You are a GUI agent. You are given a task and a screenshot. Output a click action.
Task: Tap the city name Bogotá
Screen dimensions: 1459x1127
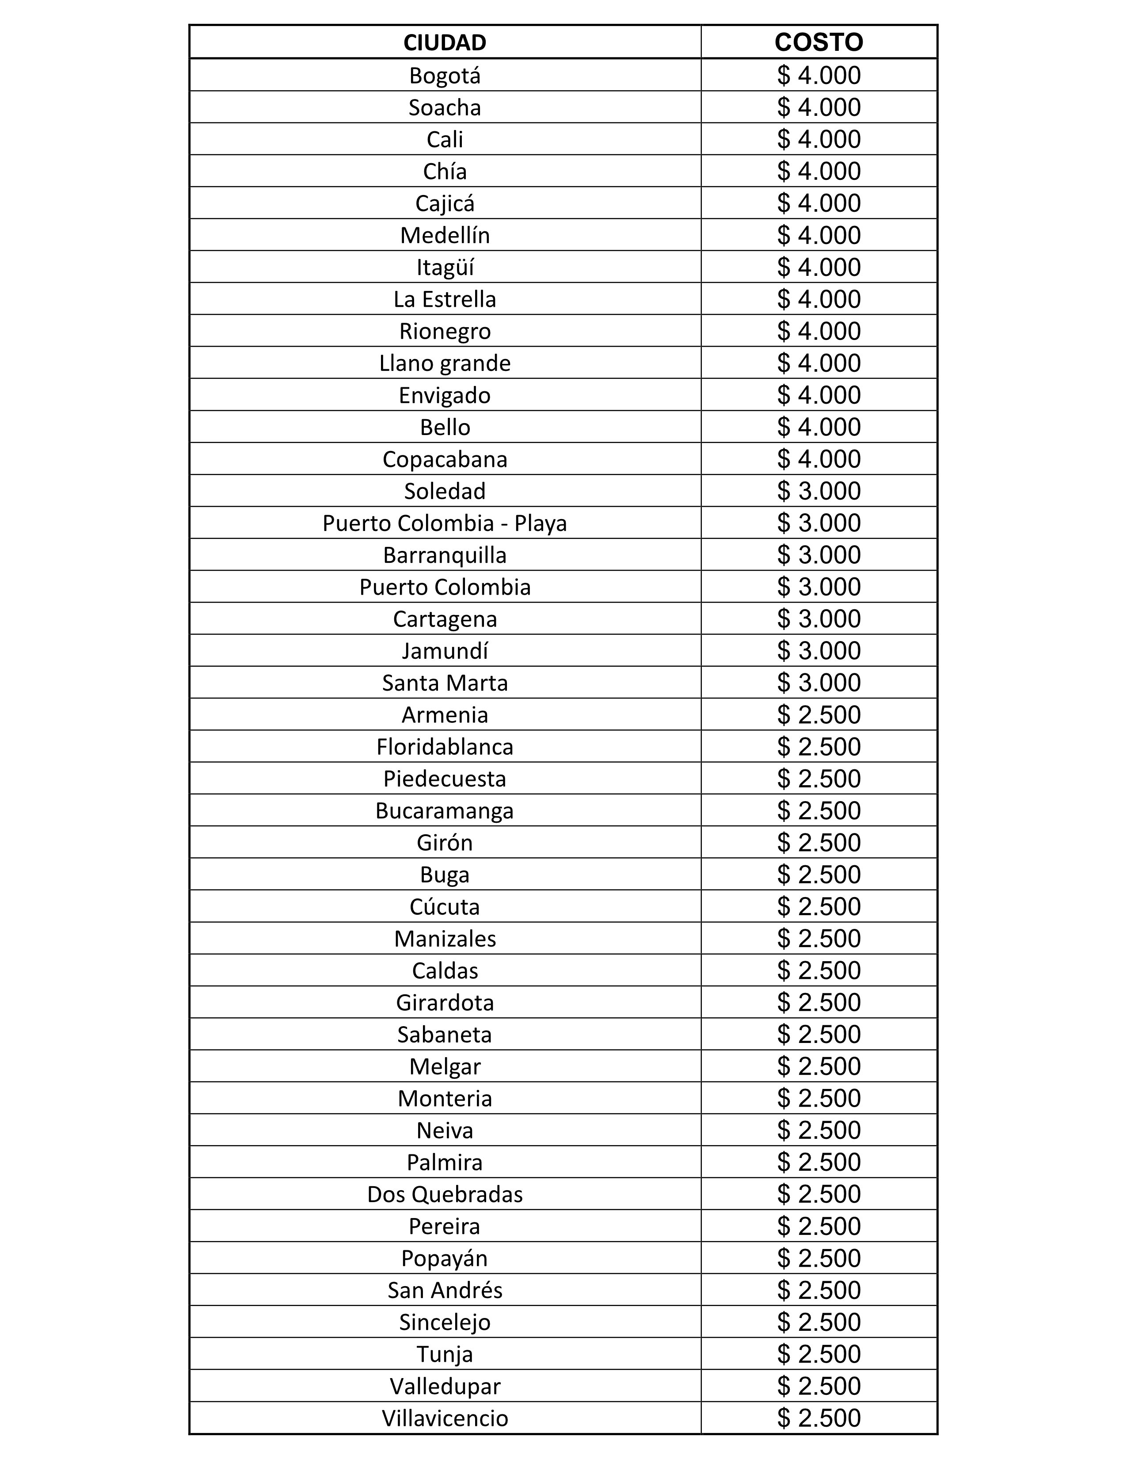point(445,76)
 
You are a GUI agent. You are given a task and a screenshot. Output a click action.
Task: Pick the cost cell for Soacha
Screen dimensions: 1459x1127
point(819,107)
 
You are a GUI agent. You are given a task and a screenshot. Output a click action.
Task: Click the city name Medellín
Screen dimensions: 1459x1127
point(445,235)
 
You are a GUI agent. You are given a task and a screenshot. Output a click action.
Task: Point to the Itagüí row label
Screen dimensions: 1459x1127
point(445,267)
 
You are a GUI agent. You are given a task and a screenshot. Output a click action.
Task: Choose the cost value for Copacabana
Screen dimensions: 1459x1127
point(819,459)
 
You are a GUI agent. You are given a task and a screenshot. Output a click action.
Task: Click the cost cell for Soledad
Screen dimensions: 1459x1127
point(819,491)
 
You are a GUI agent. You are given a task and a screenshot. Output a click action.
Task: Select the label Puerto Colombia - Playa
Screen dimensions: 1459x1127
point(445,523)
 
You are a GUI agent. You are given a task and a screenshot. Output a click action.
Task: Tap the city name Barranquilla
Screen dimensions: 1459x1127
point(445,555)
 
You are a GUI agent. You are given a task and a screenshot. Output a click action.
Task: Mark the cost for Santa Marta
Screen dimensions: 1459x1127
point(819,683)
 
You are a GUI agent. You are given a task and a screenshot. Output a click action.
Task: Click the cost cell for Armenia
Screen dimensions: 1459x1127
point(819,715)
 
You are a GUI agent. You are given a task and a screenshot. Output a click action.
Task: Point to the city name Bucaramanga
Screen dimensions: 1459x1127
point(445,810)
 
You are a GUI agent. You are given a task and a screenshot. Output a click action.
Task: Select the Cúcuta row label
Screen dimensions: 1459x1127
point(445,906)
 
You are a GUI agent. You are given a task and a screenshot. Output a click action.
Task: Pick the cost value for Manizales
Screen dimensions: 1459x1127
point(819,939)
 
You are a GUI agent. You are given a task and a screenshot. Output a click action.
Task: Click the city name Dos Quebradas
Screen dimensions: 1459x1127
point(445,1195)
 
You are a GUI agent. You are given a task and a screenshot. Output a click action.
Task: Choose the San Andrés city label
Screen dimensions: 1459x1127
point(445,1290)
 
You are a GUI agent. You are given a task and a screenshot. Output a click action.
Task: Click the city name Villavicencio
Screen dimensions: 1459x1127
point(445,1418)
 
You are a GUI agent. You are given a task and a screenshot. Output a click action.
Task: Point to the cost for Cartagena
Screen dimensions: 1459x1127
point(819,619)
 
